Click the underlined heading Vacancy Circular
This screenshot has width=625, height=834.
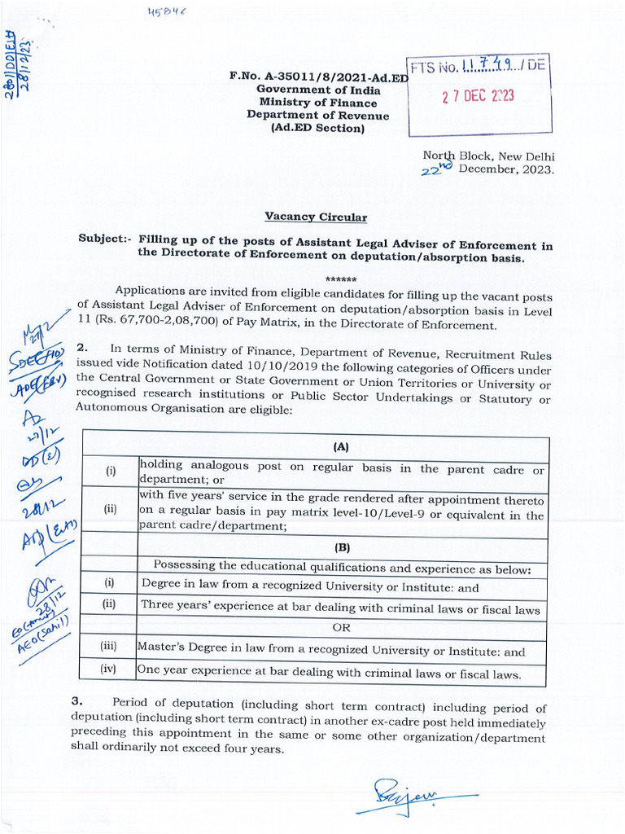pyautogui.click(x=316, y=217)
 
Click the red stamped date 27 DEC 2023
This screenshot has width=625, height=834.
pyautogui.click(x=478, y=96)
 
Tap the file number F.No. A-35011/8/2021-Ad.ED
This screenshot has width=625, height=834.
pyautogui.click(x=318, y=77)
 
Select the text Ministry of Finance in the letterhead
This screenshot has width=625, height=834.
pyautogui.click(x=318, y=103)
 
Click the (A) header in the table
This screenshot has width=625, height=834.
pyautogui.click(x=341, y=447)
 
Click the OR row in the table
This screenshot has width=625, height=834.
pyautogui.click(x=341, y=629)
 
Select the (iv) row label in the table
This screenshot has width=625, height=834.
pyautogui.click(x=109, y=670)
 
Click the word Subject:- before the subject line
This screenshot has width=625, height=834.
pyautogui.click(x=105, y=239)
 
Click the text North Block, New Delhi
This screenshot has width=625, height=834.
pyautogui.click(x=488, y=156)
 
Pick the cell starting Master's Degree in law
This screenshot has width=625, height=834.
pyautogui.click(x=330, y=651)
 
